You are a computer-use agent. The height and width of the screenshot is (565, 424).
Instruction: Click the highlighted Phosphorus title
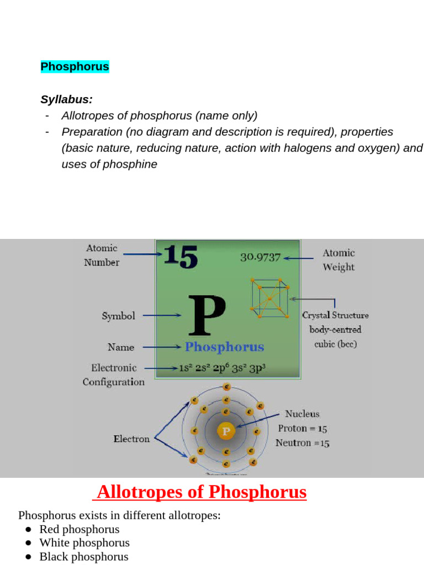pyautogui.click(x=75, y=67)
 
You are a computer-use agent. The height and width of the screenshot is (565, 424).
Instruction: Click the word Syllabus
pyautogui.click(x=66, y=99)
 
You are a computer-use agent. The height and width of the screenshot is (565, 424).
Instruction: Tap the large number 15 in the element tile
pyautogui.click(x=180, y=257)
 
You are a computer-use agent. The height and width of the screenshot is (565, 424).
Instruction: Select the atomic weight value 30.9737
pyautogui.click(x=261, y=257)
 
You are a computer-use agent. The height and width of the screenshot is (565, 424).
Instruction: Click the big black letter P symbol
pyautogui.click(x=206, y=316)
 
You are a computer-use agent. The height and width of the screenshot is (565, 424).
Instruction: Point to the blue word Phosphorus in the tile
pyautogui.click(x=224, y=347)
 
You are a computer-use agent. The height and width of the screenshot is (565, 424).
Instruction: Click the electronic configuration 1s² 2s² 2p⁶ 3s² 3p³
pyautogui.click(x=222, y=368)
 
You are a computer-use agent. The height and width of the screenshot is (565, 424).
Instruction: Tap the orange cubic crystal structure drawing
pyautogui.click(x=270, y=298)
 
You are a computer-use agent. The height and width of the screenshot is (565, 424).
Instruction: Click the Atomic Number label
pyautogui.click(x=102, y=255)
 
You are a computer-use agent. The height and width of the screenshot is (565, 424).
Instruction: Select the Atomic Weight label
pyautogui.click(x=338, y=260)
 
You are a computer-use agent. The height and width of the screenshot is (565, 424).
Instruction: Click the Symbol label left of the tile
pyautogui.click(x=118, y=316)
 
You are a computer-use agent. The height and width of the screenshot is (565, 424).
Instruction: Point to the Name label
pyautogui.click(x=121, y=347)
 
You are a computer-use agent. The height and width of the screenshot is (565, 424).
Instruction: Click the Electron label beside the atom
pyautogui.click(x=131, y=439)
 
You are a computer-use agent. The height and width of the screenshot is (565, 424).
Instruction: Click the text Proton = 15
pyautogui.click(x=303, y=428)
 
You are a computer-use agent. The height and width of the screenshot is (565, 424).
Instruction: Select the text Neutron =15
pyautogui.click(x=303, y=443)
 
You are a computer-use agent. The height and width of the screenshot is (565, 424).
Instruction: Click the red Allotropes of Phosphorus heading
pyautogui.click(x=202, y=492)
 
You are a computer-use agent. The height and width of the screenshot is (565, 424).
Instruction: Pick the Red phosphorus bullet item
pyautogui.click(x=79, y=529)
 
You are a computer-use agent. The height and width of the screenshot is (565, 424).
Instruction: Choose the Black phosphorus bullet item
pyautogui.click(x=83, y=557)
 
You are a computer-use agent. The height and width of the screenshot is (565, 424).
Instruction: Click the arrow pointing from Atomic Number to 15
pyautogui.click(x=142, y=254)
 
